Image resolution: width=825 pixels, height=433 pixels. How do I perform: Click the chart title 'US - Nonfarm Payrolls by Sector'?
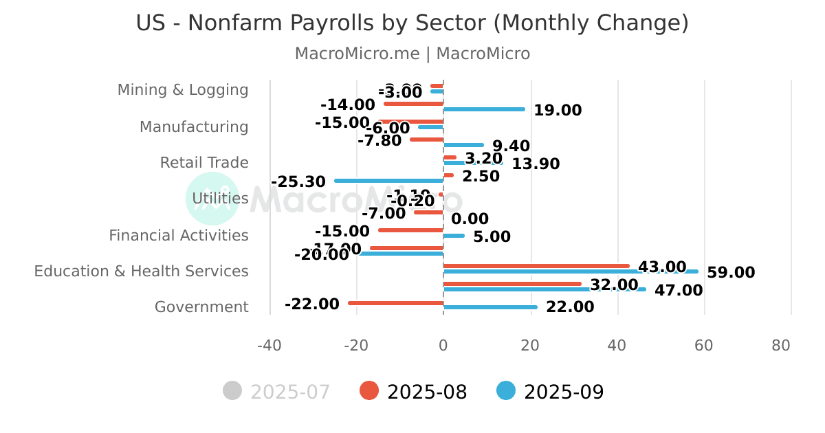(412, 23)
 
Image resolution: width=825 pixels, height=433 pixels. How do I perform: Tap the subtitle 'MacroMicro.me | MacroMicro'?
(412, 54)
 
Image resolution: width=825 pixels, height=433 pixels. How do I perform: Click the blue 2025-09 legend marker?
(506, 391)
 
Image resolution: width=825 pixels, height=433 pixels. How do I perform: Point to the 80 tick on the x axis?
(781, 346)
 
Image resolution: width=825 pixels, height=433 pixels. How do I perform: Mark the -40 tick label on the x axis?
(269, 346)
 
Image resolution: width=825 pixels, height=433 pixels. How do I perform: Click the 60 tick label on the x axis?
(703, 346)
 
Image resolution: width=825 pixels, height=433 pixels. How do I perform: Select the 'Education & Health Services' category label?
(141, 271)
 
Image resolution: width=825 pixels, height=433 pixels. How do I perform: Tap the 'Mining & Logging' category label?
(183, 90)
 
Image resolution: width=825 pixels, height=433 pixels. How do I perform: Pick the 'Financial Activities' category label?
(179, 236)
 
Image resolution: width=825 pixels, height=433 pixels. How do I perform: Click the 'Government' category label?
(201, 307)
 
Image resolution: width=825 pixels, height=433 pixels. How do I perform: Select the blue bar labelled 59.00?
(571, 271)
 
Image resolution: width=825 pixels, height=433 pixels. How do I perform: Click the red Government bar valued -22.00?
(396, 303)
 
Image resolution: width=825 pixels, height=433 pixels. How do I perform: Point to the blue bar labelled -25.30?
(389, 181)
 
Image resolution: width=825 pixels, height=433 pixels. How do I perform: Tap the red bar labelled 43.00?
(536, 266)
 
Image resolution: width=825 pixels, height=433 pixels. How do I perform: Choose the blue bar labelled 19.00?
(484, 109)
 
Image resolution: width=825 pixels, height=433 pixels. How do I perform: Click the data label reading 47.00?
(678, 291)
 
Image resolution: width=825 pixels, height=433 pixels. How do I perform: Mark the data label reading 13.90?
(536, 164)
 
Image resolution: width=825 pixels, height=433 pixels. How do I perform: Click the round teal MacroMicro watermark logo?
(212, 199)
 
